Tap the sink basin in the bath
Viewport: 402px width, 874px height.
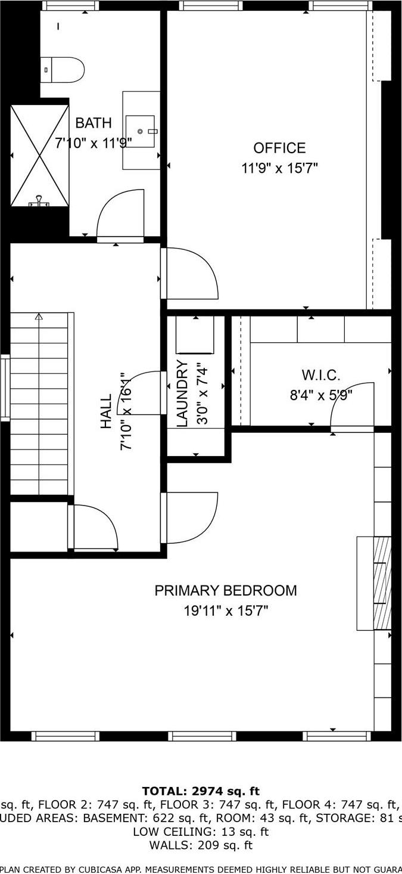coord(141,131)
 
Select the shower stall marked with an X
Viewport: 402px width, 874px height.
coord(40,156)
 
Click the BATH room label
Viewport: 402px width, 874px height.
coord(94,123)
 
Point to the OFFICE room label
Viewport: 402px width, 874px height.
coord(279,148)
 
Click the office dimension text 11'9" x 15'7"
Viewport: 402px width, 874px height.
coord(279,168)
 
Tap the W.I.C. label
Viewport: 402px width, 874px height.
coord(321,375)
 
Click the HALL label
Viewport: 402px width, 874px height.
coord(106,411)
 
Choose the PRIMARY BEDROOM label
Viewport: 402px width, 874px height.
coord(226,590)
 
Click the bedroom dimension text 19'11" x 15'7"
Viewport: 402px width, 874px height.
coord(226,610)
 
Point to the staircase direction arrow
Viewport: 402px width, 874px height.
coord(39,317)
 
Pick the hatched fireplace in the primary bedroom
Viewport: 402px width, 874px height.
coord(382,583)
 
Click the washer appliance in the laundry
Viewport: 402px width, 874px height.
coord(195,335)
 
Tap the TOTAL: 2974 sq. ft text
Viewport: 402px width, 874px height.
coord(201,791)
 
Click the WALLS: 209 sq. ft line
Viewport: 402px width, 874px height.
coord(201,845)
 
